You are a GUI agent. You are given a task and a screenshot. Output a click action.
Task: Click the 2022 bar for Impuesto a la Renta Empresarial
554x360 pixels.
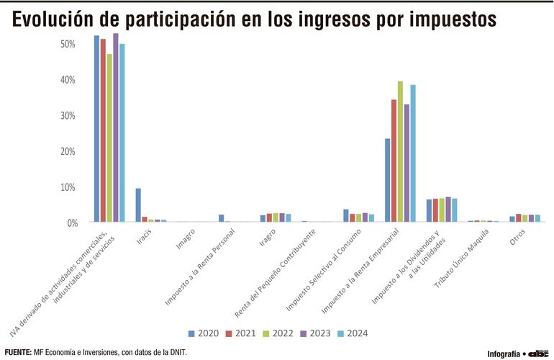(x=401, y=152)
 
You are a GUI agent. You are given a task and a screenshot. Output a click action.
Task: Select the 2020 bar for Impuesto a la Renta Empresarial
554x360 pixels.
(x=388, y=181)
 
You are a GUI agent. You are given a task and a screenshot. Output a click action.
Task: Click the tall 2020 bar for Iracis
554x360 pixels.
(x=138, y=205)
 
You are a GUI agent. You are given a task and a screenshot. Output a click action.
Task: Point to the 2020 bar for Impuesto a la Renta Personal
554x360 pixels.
(x=222, y=218)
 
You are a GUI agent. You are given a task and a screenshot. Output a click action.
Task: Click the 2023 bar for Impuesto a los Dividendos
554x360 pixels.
(x=448, y=210)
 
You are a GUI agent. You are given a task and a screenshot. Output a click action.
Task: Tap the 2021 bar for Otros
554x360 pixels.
(x=519, y=218)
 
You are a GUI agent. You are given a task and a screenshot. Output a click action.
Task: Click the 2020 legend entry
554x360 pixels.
(x=202, y=333)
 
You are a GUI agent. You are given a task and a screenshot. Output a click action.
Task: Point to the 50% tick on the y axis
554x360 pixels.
(x=68, y=44)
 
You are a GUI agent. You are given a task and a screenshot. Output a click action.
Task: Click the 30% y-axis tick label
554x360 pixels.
(x=68, y=115)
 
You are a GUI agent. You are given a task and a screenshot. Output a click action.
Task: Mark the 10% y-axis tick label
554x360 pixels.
(x=68, y=187)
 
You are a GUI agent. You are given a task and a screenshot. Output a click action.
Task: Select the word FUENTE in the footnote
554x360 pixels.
(x=17, y=352)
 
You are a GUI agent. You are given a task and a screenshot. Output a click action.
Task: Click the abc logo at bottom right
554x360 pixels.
(x=538, y=354)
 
